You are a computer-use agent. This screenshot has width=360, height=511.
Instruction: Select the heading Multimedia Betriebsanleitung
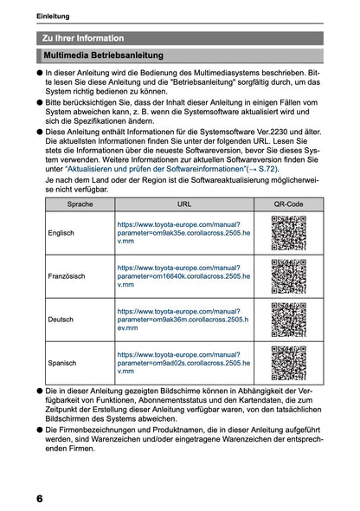click(x=100, y=55)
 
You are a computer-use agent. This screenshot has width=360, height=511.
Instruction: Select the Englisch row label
click(x=62, y=234)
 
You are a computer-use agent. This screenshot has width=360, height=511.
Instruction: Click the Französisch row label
click(x=67, y=275)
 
